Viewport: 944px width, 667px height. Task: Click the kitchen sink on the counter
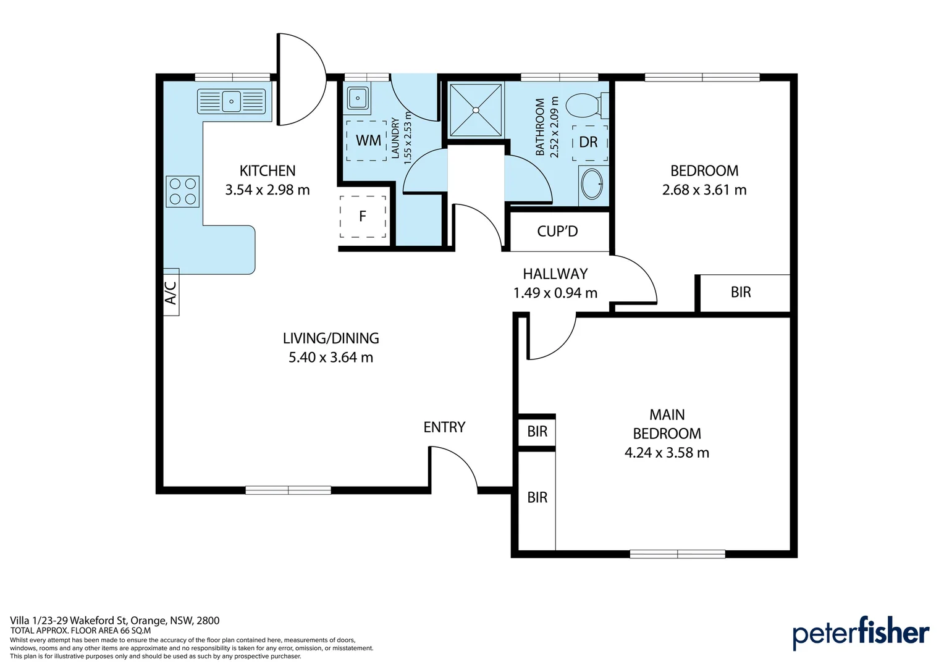click(x=231, y=101)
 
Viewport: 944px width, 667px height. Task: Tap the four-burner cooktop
click(x=182, y=191)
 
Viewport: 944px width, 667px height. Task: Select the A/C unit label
click(x=171, y=292)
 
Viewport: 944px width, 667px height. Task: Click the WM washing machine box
click(x=366, y=141)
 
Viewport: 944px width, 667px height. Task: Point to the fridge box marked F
click(x=363, y=216)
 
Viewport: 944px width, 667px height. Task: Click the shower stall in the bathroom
click(x=476, y=110)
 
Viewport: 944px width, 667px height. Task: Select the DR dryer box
click(x=589, y=143)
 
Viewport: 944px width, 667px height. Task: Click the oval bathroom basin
click(x=592, y=184)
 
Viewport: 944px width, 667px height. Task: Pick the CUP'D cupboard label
click(x=557, y=232)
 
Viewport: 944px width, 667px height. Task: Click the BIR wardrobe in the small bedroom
click(x=741, y=292)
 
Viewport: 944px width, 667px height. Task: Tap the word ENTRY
click(x=444, y=427)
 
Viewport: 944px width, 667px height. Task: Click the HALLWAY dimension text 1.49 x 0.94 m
click(x=555, y=293)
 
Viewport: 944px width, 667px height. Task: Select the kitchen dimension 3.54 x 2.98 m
click(x=267, y=190)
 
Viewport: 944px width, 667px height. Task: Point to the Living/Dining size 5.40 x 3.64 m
click(x=331, y=358)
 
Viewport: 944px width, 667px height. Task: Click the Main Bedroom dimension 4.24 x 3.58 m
click(x=667, y=453)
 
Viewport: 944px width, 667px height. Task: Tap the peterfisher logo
click(x=861, y=633)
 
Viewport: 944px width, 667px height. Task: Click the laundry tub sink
click(x=357, y=98)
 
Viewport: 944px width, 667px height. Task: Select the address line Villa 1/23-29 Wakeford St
click(x=69, y=621)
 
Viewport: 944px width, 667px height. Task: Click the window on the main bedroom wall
click(x=678, y=553)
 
